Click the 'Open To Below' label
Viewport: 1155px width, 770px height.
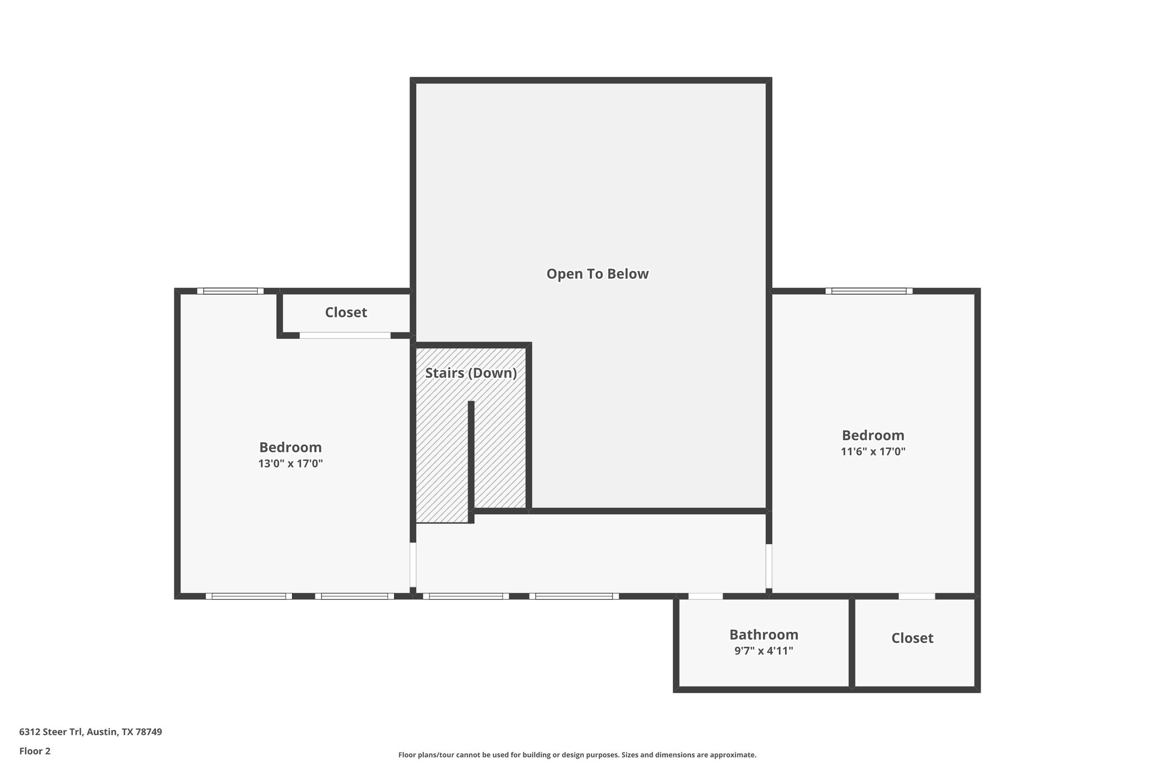coord(597,274)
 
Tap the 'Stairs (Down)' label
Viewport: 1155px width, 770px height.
coord(471,373)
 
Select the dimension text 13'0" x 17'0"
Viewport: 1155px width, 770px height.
coord(290,464)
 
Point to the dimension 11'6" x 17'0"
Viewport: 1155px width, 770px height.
coord(873,451)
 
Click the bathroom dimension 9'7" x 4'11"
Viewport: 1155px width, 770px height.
coord(764,650)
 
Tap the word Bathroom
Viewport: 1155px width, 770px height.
coord(764,635)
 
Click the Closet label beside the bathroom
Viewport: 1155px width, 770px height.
coord(912,638)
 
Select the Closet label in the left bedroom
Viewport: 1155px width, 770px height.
coord(346,313)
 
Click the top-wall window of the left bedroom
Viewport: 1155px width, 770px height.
coord(230,291)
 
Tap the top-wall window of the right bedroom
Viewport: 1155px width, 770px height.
coord(869,291)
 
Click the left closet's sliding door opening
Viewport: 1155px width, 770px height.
coord(345,335)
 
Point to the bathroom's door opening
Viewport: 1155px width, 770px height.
coord(706,596)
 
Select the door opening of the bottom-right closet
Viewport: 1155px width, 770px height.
coord(916,596)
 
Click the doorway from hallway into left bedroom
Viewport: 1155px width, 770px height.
coord(413,565)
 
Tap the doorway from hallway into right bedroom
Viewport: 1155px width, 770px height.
coord(769,566)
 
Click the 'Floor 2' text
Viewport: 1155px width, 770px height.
coord(35,751)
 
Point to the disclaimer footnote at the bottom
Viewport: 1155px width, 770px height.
coord(577,755)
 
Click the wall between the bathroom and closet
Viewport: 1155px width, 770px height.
coord(852,643)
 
